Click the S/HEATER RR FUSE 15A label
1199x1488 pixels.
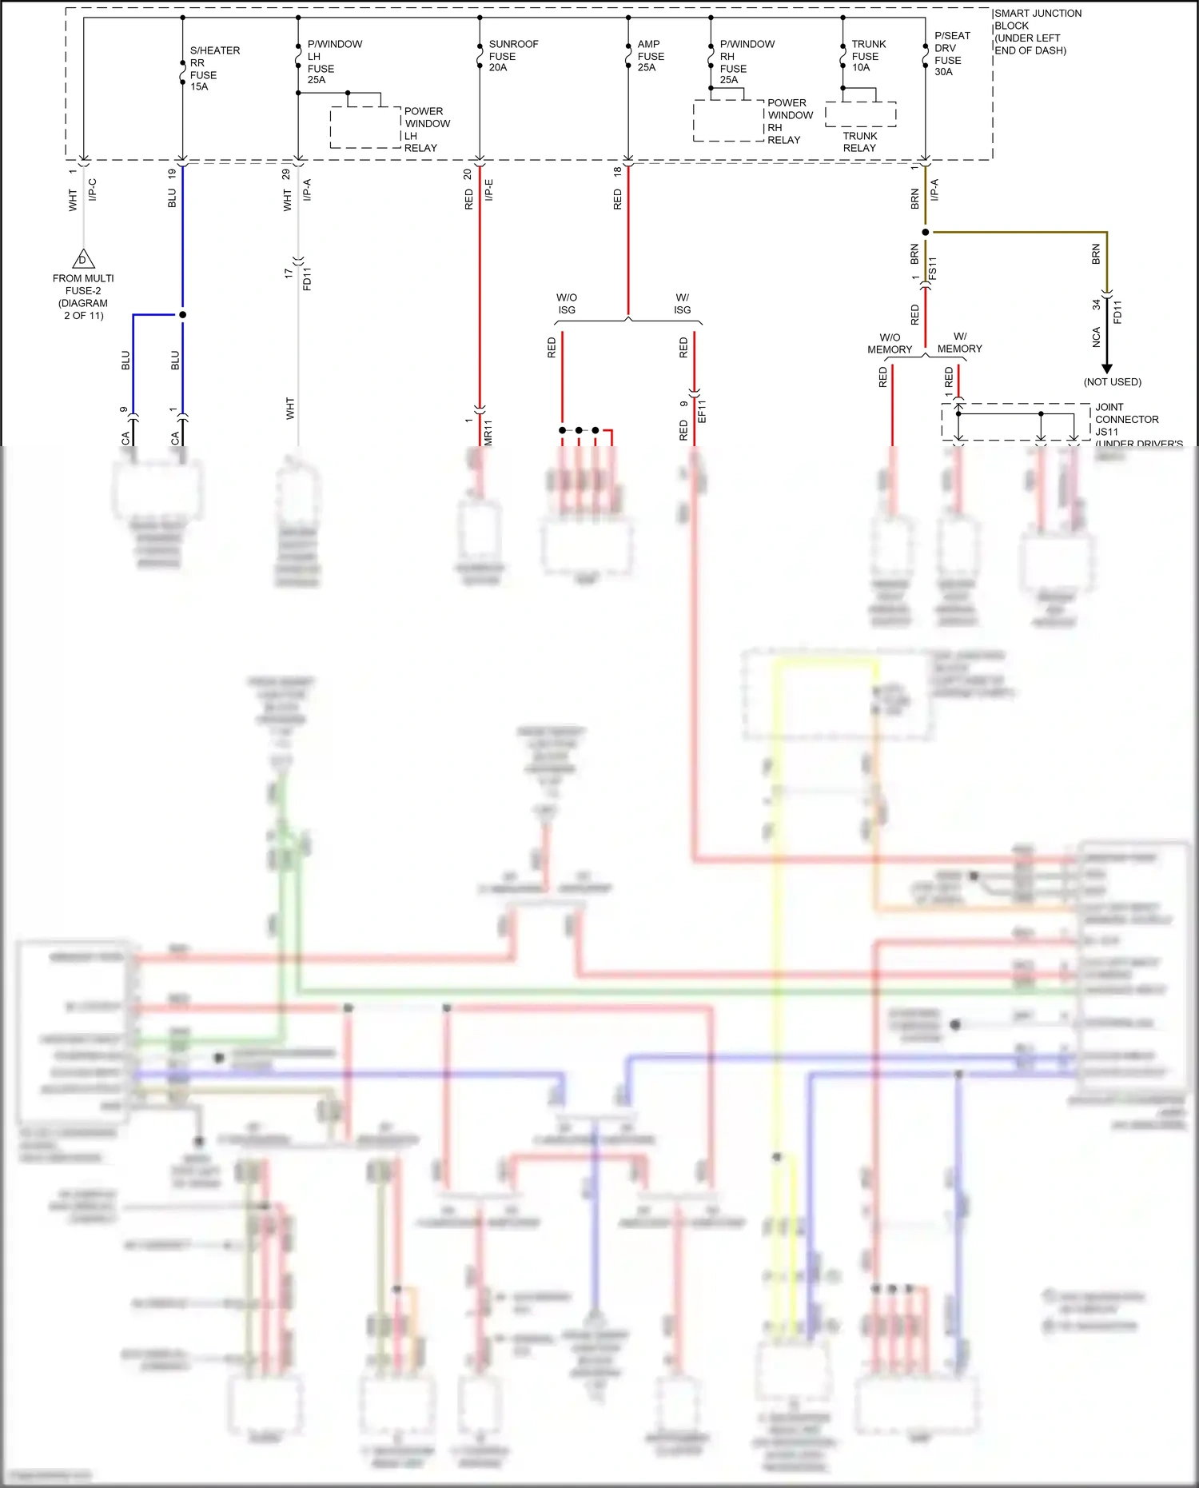click(213, 69)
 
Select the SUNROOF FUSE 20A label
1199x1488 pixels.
click(512, 56)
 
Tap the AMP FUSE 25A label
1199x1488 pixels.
click(651, 56)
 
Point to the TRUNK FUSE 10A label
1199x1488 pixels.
click(868, 56)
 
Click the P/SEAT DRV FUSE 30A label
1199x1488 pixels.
click(951, 54)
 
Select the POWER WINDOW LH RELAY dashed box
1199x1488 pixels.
click(365, 127)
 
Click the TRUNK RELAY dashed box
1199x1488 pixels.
click(860, 114)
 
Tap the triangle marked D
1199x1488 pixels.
click(83, 260)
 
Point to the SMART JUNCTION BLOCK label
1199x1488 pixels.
click(1038, 32)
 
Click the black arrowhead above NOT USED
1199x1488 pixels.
click(1107, 369)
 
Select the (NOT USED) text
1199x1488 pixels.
click(1112, 382)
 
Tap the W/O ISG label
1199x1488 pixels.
click(567, 304)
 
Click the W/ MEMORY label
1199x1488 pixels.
click(959, 342)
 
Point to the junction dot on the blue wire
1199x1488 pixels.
click(182, 315)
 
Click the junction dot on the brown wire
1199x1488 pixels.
click(926, 233)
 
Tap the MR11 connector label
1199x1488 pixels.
click(488, 432)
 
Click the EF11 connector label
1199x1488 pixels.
click(702, 411)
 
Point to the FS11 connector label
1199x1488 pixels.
click(932, 268)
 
